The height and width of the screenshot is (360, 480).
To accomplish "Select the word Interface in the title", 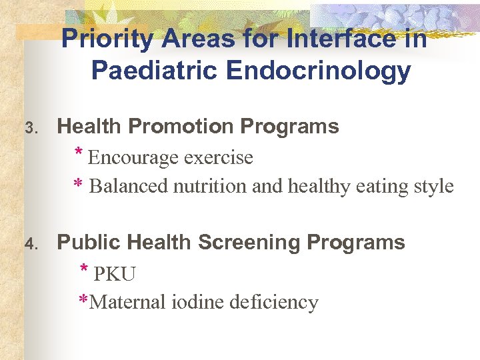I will click(334, 39).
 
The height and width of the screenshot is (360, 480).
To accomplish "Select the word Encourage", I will click(133, 158).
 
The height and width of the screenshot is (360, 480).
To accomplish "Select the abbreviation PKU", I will click(115, 274).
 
